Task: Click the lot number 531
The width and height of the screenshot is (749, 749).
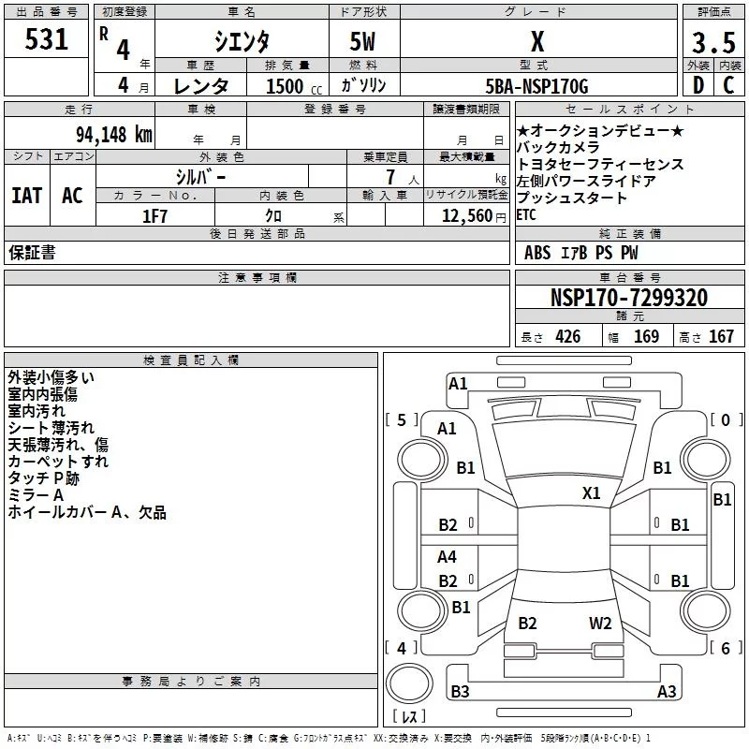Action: pos(47,40)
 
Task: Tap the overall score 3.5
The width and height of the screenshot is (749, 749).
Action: pos(712,42)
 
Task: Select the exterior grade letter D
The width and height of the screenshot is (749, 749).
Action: pos(698,85)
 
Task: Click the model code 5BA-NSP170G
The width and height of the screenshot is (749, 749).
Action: pos(537,86)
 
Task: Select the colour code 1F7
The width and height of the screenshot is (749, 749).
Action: pos(154,215)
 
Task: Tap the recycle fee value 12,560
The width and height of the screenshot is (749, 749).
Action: pos(465,215)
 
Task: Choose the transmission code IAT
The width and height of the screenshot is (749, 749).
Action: pos(26,195)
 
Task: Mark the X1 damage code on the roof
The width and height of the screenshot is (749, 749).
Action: pos(591,492)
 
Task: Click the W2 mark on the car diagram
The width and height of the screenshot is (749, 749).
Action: pos(600,624)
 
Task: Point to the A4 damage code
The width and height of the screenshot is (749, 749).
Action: pos(448,557)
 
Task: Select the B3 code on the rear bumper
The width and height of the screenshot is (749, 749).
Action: pos(460,691)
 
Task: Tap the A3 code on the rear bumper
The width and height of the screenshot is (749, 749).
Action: pos(666,691)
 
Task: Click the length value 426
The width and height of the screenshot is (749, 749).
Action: pos(567,337)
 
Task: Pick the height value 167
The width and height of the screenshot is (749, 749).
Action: pos(721,337)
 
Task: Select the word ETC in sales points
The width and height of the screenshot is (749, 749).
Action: pos(527,214)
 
